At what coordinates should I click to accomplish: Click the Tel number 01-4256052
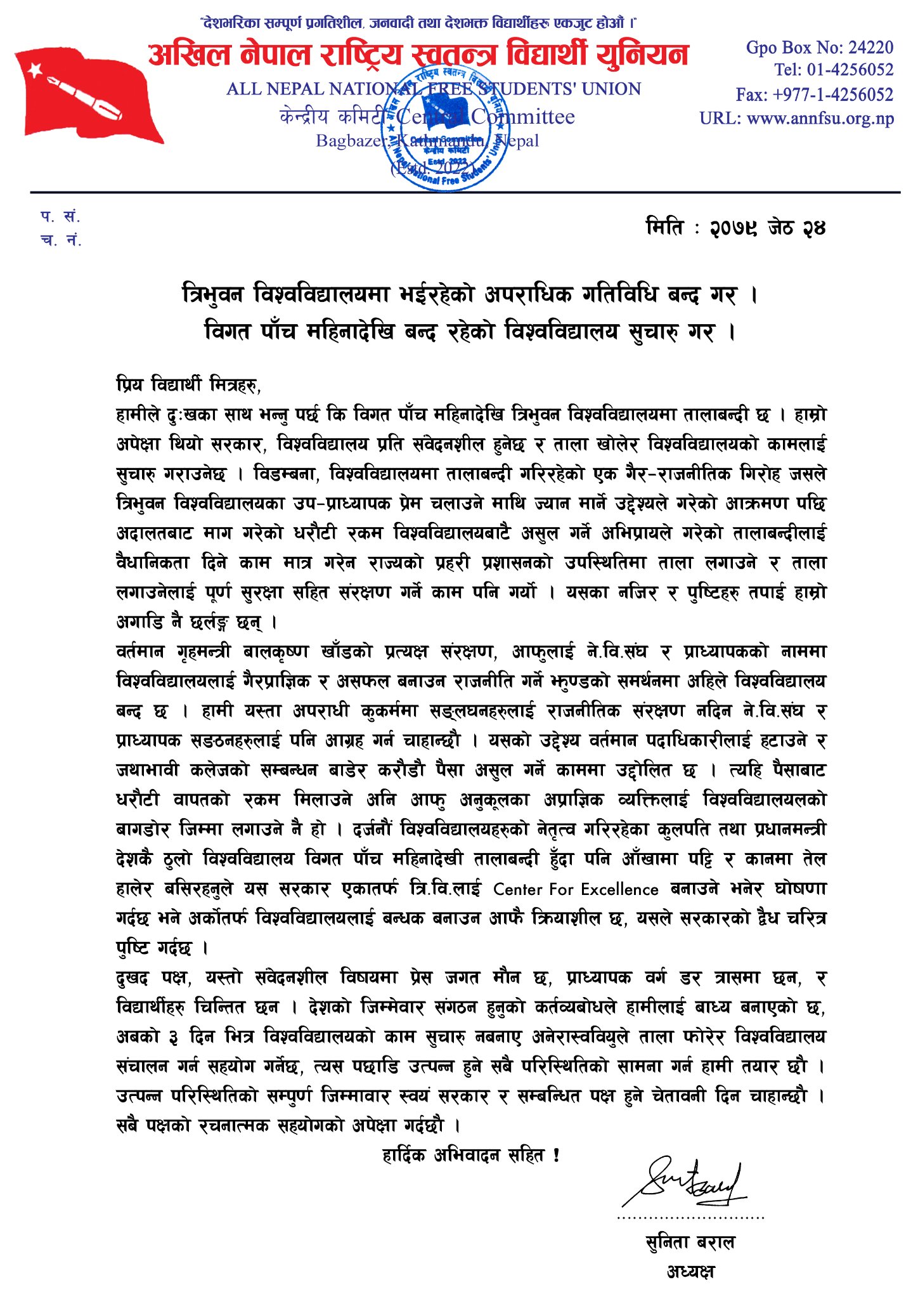click(850, 70)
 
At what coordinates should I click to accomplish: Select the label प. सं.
click(61, 217)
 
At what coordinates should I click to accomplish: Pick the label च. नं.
click(61, 240)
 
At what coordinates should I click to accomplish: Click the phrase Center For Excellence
click(576, 889)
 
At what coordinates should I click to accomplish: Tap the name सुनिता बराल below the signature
click(690, 1242)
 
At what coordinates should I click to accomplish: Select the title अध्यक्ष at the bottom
click(690, 1271)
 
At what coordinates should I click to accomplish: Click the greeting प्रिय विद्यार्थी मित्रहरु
click(188, 384)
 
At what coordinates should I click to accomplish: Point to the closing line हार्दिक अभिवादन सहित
click(470, 1156)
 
